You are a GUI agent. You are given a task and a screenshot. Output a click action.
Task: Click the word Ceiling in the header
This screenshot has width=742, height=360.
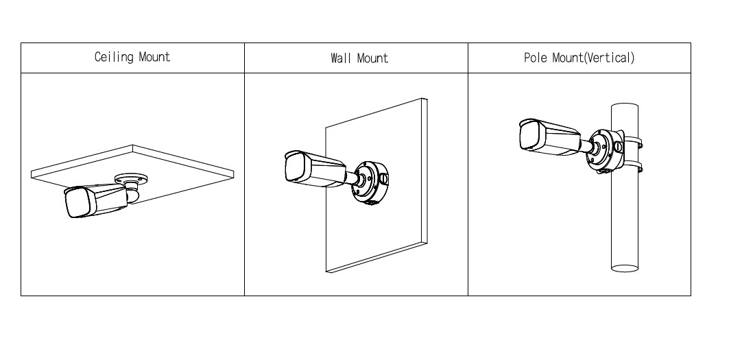tap(114, 57)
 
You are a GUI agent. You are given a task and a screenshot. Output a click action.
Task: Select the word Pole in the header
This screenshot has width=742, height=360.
tap(536, 58)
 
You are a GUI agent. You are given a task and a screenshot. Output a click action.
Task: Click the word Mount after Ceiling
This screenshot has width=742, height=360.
tap(154, 57)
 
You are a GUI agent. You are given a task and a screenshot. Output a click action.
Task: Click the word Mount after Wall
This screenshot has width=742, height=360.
tap(373, 58)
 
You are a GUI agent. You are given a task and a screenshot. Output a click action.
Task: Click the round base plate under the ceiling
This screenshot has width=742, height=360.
tap(131, 179)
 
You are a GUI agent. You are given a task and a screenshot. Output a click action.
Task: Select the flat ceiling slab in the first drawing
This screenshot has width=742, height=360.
tap(132, 175)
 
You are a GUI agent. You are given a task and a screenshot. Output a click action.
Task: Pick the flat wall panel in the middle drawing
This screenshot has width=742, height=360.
tap(376, 185)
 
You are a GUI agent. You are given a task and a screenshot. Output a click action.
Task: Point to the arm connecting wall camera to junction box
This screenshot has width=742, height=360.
tap(352, 177)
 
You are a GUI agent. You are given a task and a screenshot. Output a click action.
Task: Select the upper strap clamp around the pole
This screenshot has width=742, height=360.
tap(632, 141)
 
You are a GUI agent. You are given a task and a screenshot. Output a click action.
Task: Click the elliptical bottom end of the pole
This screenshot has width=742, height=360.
tap(625, 268)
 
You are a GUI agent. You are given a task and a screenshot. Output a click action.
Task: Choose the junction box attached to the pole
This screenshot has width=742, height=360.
tap(606, 150)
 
